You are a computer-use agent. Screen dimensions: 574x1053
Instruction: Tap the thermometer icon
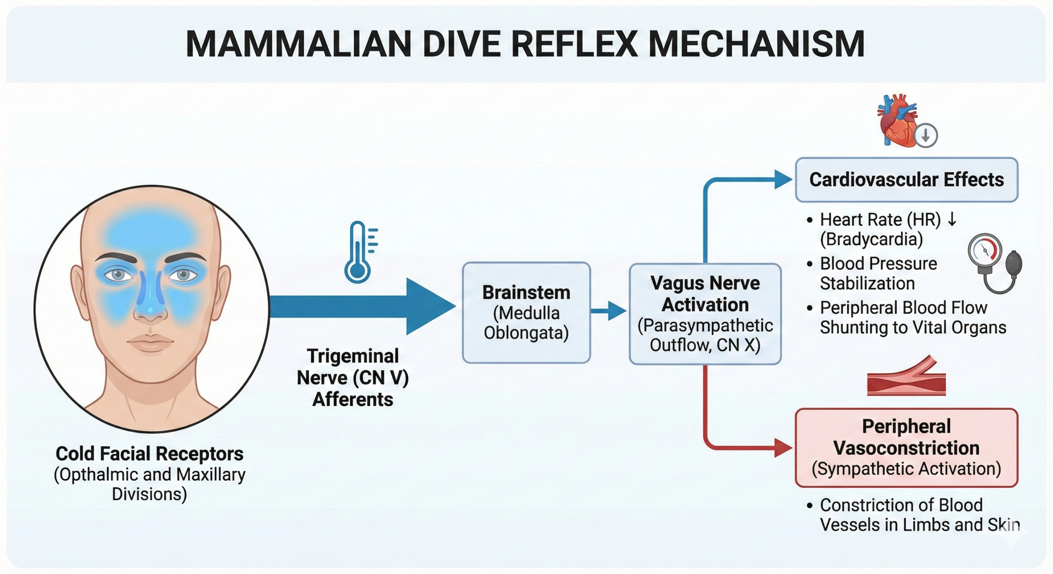358,253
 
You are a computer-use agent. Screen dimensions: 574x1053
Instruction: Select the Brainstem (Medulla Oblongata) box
526,312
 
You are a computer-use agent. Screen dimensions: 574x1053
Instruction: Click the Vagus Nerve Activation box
705,314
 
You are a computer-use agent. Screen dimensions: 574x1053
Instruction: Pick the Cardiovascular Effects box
906,180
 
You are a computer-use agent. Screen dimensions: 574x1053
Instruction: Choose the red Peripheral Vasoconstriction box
906,447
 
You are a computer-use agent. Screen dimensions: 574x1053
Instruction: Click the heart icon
897,121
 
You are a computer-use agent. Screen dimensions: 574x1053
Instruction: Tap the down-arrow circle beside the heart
925,135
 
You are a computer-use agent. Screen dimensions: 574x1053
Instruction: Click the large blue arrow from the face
362,306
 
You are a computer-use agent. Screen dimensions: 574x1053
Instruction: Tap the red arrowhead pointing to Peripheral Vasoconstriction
783,447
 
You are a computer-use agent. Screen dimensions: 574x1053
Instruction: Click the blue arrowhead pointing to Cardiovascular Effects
783,180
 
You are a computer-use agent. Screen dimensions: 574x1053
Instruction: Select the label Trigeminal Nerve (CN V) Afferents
353,377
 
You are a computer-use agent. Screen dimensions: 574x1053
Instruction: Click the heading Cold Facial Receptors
149,454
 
